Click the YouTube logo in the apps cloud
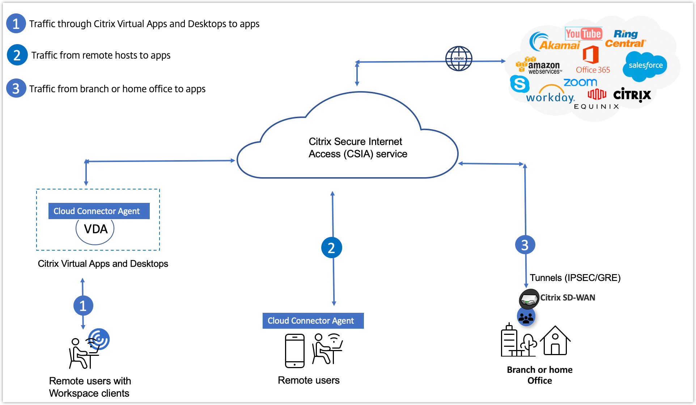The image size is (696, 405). click(x=583, y=34)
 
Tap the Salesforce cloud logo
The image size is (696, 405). click(x=645, y=65)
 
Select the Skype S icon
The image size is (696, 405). click(x=519, y=84)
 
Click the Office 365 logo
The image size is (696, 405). click(x=592, y=60)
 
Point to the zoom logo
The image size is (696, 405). click(x=580, y=82)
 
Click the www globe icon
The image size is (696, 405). click(x=459, y=59)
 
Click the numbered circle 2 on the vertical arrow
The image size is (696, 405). click(x=331, y=248)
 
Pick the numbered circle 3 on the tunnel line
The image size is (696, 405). click(x=525, y=245)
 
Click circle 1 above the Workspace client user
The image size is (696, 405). click(x=83, y=306)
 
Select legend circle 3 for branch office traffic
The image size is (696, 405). click(x=16, y=88)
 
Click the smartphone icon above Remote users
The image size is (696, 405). click(x=295, y=351)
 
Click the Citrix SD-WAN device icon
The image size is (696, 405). click(x=529, y=299)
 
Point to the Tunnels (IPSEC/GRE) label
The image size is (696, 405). click(x=575, y=278)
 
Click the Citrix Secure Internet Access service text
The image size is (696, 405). click(x=357, y=148)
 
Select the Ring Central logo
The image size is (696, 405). click(x=625, y=39)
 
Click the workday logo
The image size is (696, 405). click(x=550, y=96)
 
